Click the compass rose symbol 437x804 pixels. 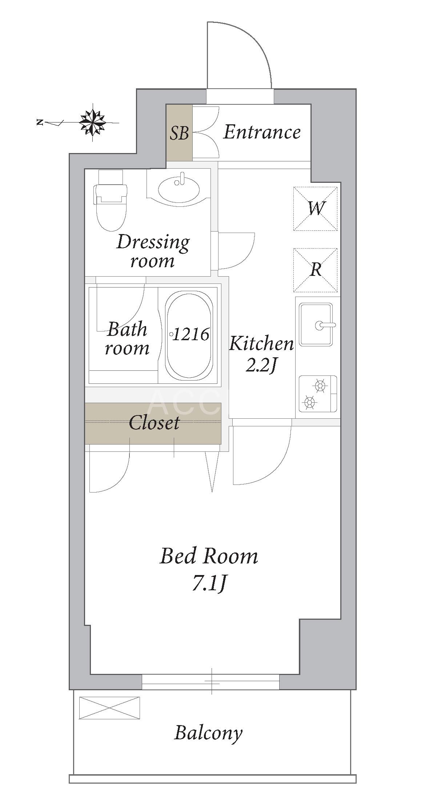(x=93, y=122)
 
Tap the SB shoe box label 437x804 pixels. (x=179, y=133)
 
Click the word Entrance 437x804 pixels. (x=262, y=132)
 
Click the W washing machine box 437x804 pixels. (x=315, y=209)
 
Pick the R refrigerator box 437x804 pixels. (x=315, y=270)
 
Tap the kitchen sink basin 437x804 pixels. (x=316, y=325)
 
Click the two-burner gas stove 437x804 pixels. (x=318, y=394)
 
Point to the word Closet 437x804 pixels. (x=154, y=423)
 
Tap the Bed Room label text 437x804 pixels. (x=209, y=556)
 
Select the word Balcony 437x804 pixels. (x=208, y=732)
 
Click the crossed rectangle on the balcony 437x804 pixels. (x=109, y=708)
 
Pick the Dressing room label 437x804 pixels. (x=153, y=251)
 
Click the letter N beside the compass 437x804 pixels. (x=40, y=122)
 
